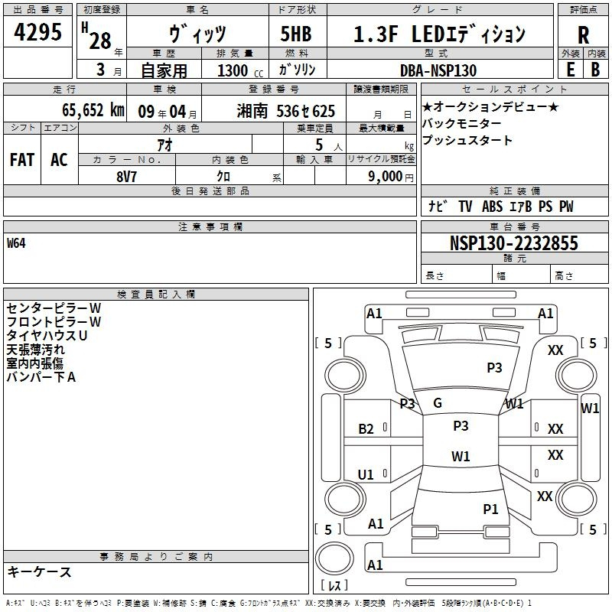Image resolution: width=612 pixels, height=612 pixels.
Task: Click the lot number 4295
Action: (37, 32)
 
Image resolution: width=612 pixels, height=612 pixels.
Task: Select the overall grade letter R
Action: (583, 35)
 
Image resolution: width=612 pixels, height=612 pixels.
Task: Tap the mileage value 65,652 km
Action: (93, 110)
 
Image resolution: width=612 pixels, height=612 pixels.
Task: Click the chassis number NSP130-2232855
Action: (513, 243)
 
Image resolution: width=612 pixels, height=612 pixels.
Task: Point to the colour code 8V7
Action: (126, 177)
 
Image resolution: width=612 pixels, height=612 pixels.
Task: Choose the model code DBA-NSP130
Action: (438, 70)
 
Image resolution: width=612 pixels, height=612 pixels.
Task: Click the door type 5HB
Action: (296, 34)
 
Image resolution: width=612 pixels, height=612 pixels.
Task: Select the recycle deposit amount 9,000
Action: (386, 177)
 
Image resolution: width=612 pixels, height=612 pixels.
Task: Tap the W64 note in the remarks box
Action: (16, 243)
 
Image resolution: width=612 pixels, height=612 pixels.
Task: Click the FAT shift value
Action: (22, 160)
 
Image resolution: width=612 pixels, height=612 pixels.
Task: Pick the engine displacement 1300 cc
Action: (240, 70)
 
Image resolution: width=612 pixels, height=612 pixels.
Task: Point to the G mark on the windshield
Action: (438, 403)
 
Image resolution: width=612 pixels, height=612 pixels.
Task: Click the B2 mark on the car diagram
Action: (366, 429)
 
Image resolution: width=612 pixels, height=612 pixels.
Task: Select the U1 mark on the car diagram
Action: (366, 474)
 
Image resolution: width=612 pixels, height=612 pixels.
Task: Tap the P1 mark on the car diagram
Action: (490, 509)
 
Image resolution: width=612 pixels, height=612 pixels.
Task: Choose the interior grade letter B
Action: (595, 70)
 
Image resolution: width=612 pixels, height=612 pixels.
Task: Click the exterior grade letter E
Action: (570, 70)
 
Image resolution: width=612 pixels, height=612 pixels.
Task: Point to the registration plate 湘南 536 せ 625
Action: (285, 111)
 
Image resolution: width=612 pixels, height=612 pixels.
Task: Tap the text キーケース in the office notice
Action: (39, 571)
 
